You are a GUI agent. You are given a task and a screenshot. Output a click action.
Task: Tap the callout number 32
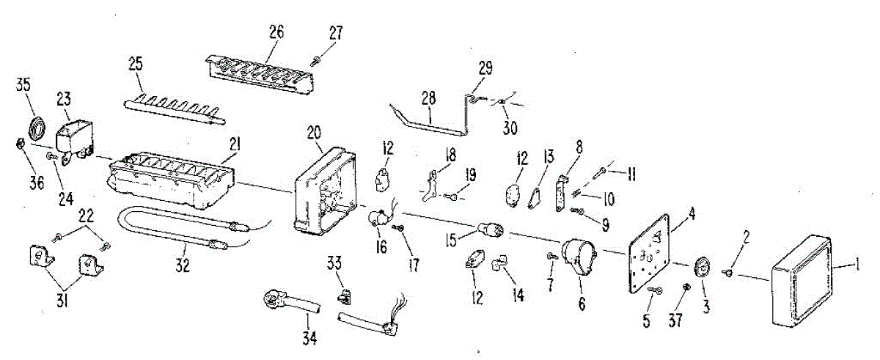183,266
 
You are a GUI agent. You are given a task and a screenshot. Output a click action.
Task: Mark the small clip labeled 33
342,297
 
